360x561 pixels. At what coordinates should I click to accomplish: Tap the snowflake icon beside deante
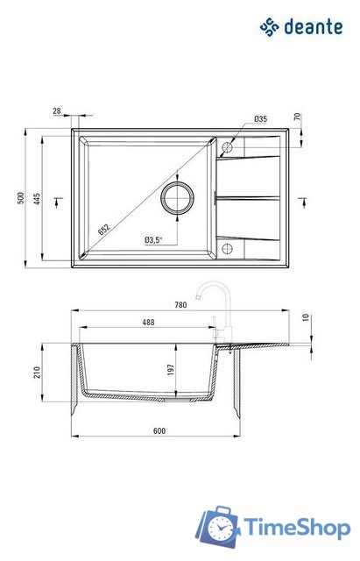coord(270,27)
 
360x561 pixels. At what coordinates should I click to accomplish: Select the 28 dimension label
coord(57,111)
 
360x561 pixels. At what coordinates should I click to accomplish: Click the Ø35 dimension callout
coord(260,118)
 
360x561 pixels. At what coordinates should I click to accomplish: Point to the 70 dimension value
coord(297,116)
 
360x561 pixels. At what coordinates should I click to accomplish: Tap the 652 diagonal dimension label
coord(104,230)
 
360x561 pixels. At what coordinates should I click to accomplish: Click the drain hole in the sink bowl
coord(177,197)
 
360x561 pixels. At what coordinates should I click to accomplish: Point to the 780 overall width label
coord(180,304)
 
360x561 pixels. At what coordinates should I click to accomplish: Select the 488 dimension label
coord(148,323)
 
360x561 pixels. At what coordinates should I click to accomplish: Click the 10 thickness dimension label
coord(307,317)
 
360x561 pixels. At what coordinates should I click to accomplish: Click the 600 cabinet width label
coord(158,430)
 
